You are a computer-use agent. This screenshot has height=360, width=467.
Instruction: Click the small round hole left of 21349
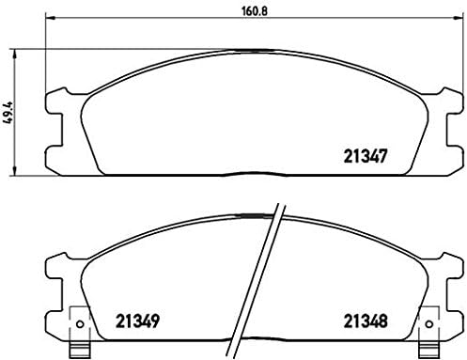point(79,328)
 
